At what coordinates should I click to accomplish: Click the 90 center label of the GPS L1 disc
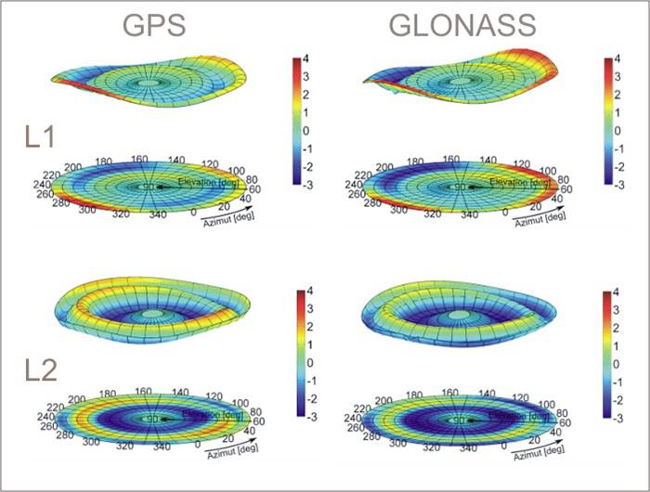(146, 188)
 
